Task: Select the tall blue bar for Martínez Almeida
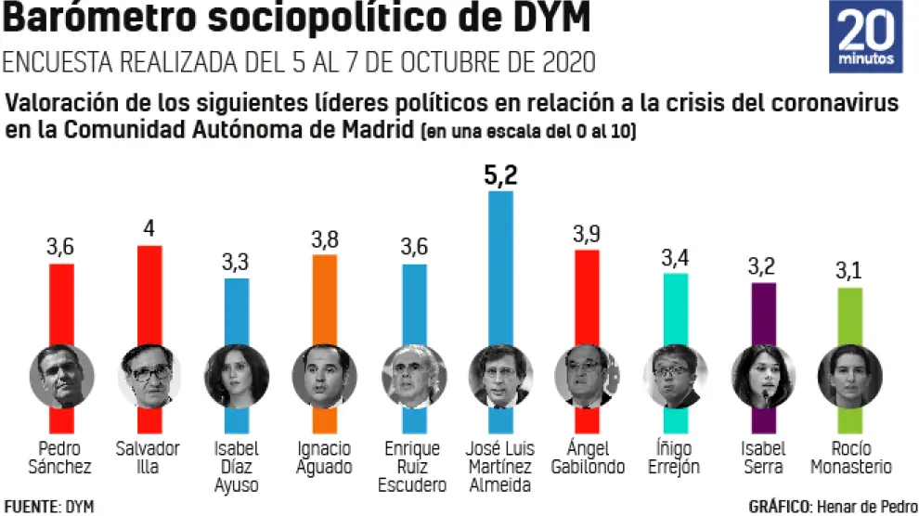pyautogui.click(x=501, y=269)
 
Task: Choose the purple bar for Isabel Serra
pyautogui.click(x=763, y=316)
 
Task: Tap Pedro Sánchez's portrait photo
pyautogui.click(x=62, y=377)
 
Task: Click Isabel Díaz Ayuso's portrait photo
pyautogui.click(x=237, y=377)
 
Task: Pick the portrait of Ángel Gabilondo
pyautogui.click(x=588, y=377)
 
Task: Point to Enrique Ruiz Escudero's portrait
pyautogui.click(x=413, y=377)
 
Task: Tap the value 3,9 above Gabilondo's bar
pyautogui.click(x=587, y=235)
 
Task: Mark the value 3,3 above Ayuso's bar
pyautogui.click(x=237, y=264)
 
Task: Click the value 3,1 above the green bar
pyautogui.click(x=850, y=273)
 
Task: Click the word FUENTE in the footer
pyautogui.click(x=31, y=507)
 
